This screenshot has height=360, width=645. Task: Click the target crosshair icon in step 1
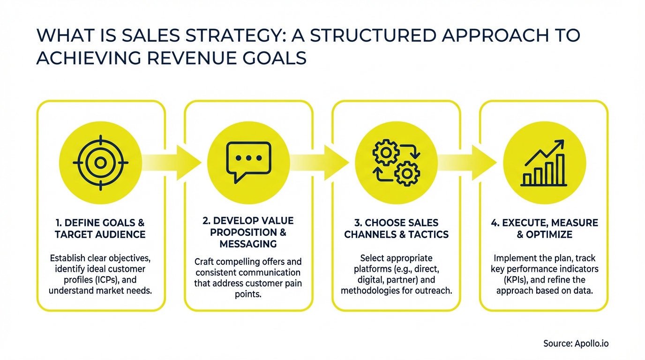point(100,163)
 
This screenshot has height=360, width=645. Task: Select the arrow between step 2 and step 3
point(328,162)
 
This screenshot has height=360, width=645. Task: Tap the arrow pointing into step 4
point(476,162)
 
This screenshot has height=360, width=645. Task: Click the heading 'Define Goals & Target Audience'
point(100,228)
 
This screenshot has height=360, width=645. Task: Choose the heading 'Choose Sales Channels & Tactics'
point(396,228)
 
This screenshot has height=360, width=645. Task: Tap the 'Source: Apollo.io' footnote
point(576,344)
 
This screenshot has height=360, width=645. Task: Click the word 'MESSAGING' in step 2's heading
point(248,244)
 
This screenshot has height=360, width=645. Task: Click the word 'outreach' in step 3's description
point(435,291)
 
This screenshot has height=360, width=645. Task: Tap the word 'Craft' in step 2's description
point(204,262)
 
